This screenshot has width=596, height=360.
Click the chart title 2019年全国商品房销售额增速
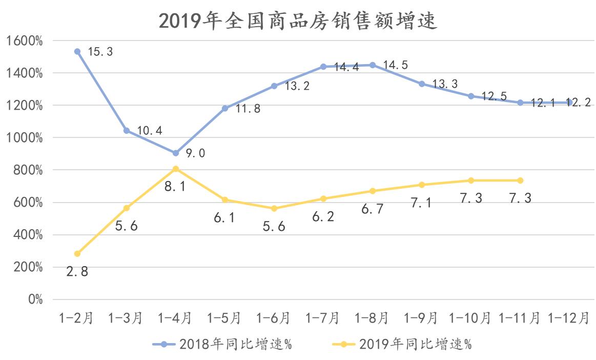(298, 21)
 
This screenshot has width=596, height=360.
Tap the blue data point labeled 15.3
(77, 51)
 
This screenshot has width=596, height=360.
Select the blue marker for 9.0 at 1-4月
(176, 153)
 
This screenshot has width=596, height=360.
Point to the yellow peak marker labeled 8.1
(176, 169)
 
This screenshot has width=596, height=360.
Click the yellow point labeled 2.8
(77, 253)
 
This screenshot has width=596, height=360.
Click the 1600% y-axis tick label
(25, 41)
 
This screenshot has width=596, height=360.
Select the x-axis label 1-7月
(323, 318)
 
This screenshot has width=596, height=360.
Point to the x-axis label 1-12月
(569, 318)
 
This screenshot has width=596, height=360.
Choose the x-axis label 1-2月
(77, 318)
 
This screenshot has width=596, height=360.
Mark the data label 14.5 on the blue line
(396, 66)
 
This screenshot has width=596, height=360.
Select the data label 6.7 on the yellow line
(372, 209)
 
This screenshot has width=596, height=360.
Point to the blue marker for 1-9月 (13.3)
(422, 84)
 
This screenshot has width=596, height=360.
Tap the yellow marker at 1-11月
(520, 181)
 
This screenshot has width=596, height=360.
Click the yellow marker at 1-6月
(274, 208)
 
